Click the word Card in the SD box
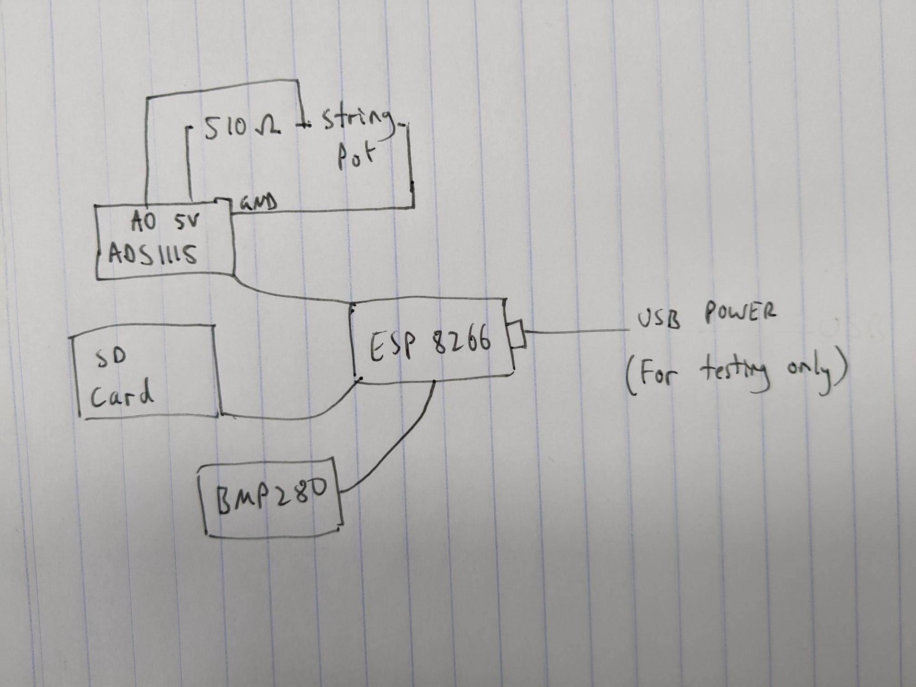click(122, 394)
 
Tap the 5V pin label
click(187, 222)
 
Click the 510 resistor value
click(225, 127)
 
